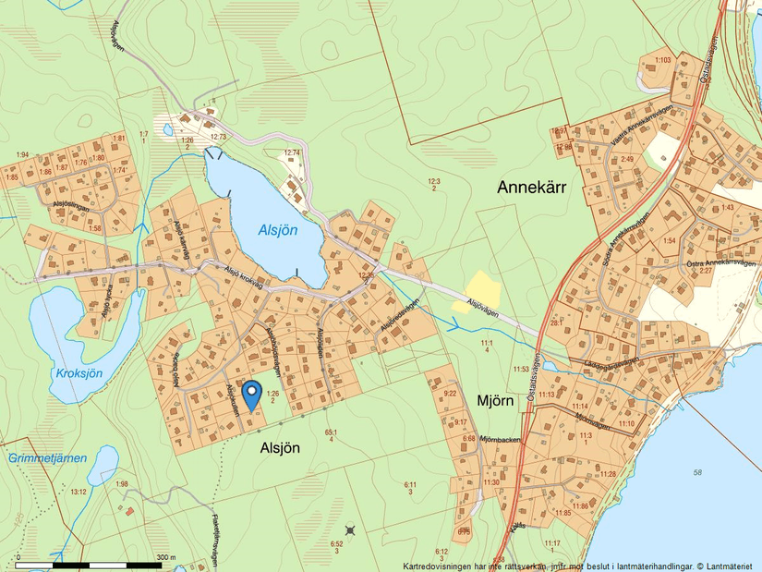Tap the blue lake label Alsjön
[277, 231]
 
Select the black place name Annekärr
[531, 187]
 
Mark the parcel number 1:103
[662, 61]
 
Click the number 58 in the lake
[696, 472]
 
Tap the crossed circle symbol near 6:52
[350, 529]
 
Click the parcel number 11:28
[608, 474]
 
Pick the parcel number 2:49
[627, 159]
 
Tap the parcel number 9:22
[450, 393]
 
